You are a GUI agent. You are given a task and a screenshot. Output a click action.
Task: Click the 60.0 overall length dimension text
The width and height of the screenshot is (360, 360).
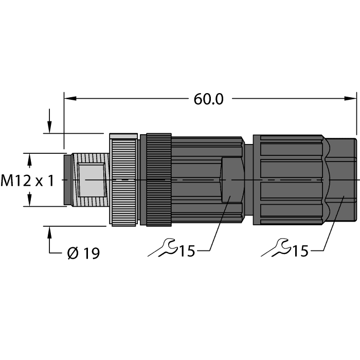208,99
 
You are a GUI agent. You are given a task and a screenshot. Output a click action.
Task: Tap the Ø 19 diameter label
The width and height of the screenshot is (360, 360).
83,253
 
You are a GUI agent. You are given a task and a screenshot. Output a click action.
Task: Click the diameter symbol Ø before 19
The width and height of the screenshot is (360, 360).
73,253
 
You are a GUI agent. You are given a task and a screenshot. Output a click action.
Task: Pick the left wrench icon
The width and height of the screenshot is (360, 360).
163,249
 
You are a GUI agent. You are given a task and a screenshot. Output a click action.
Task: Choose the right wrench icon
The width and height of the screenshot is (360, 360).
276,249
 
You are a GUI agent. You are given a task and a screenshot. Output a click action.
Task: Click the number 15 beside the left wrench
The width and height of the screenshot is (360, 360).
187,251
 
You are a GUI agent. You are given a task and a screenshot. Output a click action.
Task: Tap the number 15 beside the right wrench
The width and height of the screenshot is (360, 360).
300,251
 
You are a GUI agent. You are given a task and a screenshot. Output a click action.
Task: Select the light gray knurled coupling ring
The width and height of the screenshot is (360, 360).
124,179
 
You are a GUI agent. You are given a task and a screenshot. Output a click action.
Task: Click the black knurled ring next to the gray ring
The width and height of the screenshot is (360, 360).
158,179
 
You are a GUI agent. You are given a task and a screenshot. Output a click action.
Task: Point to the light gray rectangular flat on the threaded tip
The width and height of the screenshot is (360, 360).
91,179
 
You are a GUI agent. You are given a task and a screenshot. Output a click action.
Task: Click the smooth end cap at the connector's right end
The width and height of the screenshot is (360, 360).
342,179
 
